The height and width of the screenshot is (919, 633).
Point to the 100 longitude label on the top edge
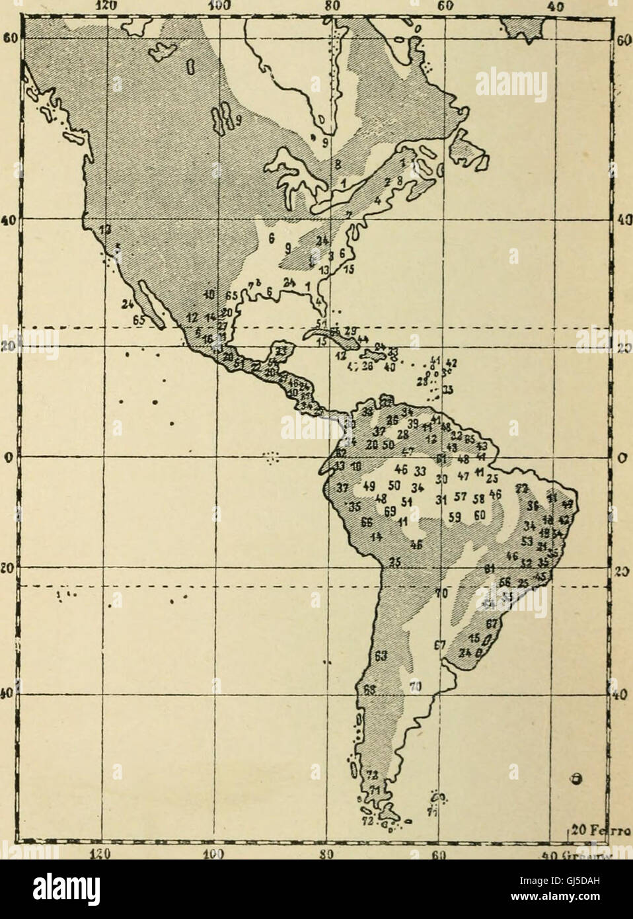click(x=216, y=6)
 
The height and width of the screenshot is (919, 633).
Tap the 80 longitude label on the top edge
click(x=332, y=6)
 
